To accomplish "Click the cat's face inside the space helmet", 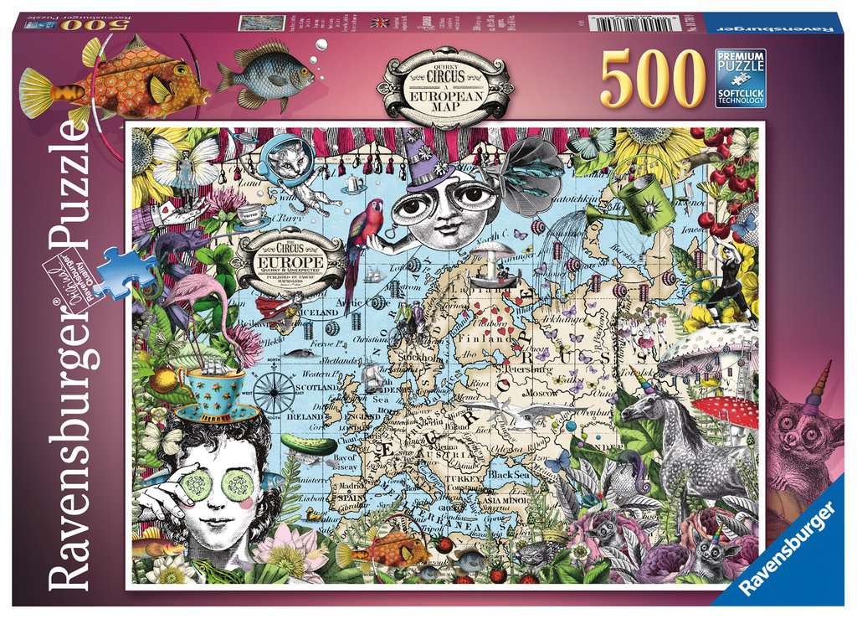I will pyautogui.click(x=290, y=163).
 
